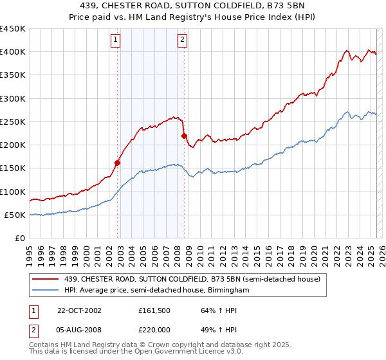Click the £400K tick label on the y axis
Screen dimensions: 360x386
tap(13, 52)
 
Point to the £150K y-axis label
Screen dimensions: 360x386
tap(13, 168)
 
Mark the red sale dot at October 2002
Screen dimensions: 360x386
tap(118, 163)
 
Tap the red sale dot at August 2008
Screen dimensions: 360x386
tap(184, 136)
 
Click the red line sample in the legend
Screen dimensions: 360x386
tap(46, 278)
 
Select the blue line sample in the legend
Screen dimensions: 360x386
tap(46, 291)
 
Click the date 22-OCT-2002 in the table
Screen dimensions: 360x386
tap(79, 310)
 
